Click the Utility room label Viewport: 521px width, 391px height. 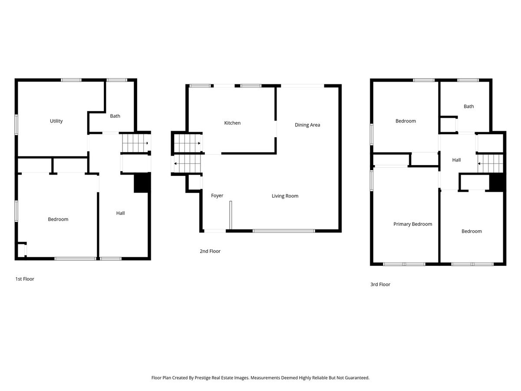pyautogui.click(x=56, y=121)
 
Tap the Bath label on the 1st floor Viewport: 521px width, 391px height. pyautogui.click(x=115, y=116)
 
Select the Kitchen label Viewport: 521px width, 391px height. pyautogui.click(x=232, y=123)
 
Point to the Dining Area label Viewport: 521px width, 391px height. pyautogui.click(x=307, y=125)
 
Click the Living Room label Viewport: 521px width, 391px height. pyautogui.click(x=285, y=196)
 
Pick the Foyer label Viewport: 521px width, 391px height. pyautogui.click(x=217, y=195)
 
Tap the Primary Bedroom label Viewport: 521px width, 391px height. pyautogui.click(x=413, y=224)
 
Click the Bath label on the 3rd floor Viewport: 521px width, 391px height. pyautogui.click(x=469, y=106)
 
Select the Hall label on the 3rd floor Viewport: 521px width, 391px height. pyautogui.click(x=456, y=160)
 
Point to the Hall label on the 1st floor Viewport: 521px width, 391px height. pyautogui.click(x=121, y=213)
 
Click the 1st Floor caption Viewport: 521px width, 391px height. pyautogui.click(x=25, y=279)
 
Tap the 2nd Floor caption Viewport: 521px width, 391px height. pyautogui.click(x=210, y=251)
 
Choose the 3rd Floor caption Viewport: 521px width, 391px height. pyautogui.click(x=380, y=285)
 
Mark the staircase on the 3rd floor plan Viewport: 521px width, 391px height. pyautogui.click(x=490, y=164)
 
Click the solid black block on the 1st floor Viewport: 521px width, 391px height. pyautogui.click(x=142, y=182)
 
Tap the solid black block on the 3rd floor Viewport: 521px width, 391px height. pyautogui.click(x=497, y=182)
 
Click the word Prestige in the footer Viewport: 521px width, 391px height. pyautogui.click(x=203, y=378)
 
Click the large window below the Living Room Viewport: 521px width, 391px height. pyautogui.click(x=284, y=231)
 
